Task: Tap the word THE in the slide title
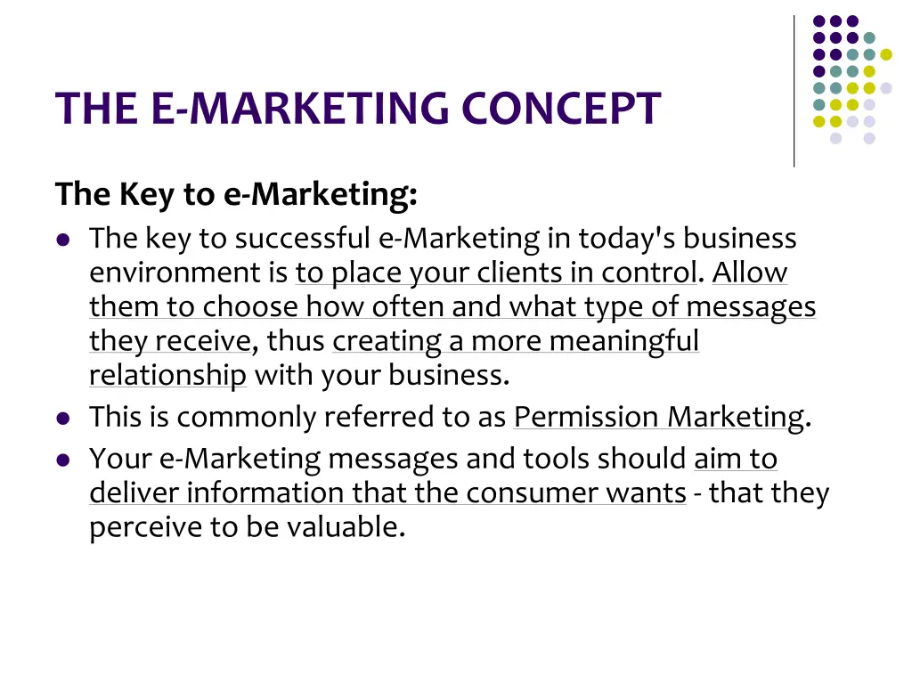(94, 109)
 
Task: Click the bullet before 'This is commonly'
(62, 418)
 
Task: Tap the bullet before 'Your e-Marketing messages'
(62, 460)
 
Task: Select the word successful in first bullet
(302, 239)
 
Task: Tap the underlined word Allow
(749, 273)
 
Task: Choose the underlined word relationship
(167, 376)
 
